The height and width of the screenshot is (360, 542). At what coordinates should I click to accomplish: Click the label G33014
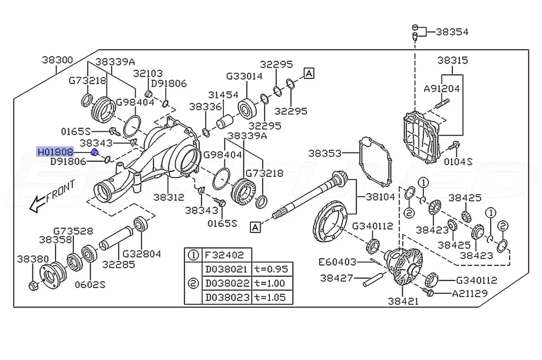[x=244, y=76]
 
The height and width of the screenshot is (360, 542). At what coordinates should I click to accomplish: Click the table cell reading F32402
[x=220, y=254]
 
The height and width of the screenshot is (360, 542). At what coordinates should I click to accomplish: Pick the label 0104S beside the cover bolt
[x=458, y=161]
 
